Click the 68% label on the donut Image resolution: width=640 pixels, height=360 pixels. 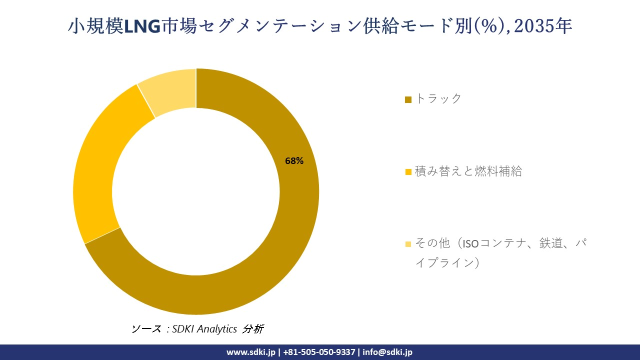pyautogui.click(x=294, y=161)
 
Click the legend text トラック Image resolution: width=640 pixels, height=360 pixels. pyautogui.click(x=438, y=98)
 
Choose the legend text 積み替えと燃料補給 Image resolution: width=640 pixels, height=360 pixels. pyautogui.click(x=468, y=171)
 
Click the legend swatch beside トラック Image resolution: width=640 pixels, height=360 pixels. pyautogui.click(x=408, y=99)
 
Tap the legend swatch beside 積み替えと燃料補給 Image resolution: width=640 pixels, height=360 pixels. pyautogui.click(x=408, y=172)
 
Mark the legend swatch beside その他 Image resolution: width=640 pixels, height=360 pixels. pyautogui.click(x=408, y=244)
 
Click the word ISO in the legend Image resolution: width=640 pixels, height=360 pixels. pyautogui.click(x=470, y=244)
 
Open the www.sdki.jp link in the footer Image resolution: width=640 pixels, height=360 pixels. pyautogui.click(x=250, y=352)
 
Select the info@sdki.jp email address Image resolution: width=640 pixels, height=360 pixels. pyautogui.click(x=387, y=352)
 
